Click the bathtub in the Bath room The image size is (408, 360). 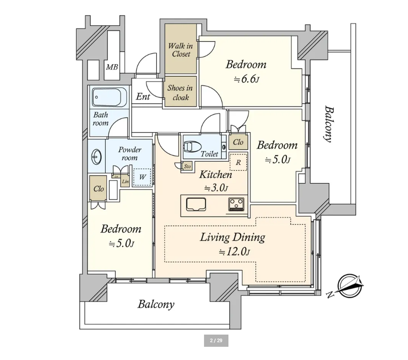(109, 97)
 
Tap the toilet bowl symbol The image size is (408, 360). (192, 147)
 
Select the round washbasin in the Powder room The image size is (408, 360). (96, 157)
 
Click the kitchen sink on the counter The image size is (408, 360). (196, 204)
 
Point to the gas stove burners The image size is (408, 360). (236, 204)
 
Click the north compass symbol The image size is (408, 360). (350, 285)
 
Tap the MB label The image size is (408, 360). (112, 67)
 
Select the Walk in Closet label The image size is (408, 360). (181, 50)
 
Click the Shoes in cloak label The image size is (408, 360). (180, 93)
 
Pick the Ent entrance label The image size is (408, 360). (143, 97)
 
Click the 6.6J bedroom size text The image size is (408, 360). (246, 79)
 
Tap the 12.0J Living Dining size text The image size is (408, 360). (235, 252)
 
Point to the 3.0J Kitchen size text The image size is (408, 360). (216, 188)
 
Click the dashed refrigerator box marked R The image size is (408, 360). (238, 162)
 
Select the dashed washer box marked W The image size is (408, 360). (142, 177)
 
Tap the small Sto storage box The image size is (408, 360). (187, 166)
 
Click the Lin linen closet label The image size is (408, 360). (125, 182)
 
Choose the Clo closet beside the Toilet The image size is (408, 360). (238, 142)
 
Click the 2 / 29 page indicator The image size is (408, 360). (216, 341)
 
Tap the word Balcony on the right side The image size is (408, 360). (328, 124)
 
